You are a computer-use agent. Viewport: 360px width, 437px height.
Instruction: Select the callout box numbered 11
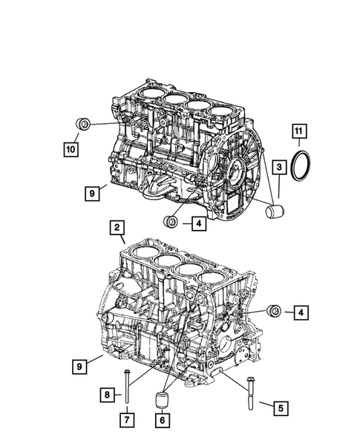298,134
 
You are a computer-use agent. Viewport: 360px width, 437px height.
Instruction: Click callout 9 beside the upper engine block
92,193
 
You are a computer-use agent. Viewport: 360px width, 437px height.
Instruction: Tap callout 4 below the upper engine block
198,221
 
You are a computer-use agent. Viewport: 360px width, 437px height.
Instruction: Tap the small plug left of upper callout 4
171,222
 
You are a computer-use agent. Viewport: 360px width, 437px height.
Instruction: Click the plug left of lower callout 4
275,311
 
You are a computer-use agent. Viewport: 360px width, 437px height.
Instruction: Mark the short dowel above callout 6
162,401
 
